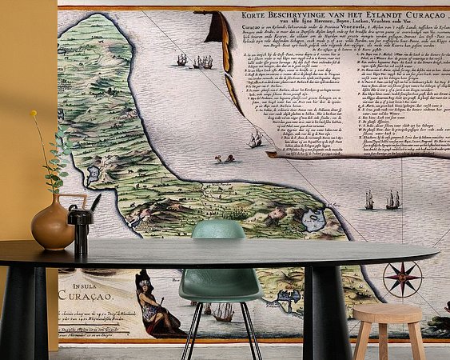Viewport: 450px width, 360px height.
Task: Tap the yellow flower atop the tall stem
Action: pos(34,114)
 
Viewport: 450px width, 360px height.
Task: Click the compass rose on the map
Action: pos(402,278)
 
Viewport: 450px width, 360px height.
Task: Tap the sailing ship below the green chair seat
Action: pos(222,313)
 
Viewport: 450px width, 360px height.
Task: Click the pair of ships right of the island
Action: pos(381,200)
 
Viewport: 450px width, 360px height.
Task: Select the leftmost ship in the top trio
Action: pos(182,60)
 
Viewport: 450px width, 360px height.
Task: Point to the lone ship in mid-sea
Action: pos(254,141)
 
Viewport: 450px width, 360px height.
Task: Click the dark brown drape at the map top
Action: pos(216,32)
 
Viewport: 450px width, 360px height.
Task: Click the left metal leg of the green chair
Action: pos(189,328)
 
